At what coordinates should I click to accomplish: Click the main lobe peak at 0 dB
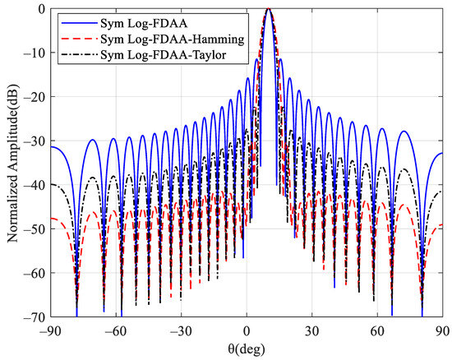[x=269, y=10]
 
